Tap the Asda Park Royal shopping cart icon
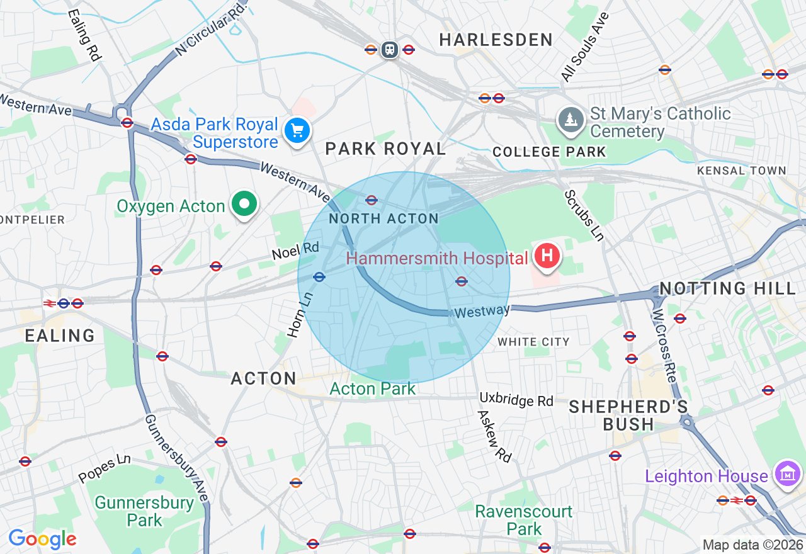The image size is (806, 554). click(x=297, y=131)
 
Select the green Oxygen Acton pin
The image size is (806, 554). click(x=244, y=204)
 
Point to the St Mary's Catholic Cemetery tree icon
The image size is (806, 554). click(x=570, y=120)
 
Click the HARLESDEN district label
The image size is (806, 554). click(x=496, y=40)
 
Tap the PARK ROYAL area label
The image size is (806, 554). click(x=385, y=149)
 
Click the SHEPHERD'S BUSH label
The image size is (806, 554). click(x=628, y=415)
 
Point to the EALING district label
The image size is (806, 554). click(x=60, y=335)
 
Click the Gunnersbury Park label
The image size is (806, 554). click(x=144, y=511)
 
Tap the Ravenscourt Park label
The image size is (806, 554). click(x=523, y=520)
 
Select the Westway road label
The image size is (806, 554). click(x=482, y=311)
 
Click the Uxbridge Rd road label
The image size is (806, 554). click(x=516, y=400)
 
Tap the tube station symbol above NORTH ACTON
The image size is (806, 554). click(x=372, y=200)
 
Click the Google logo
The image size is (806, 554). click(x=42, y=539)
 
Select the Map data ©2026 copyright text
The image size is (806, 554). click(x=752, y=545)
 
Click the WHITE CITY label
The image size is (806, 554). click(x=533, y=342)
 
